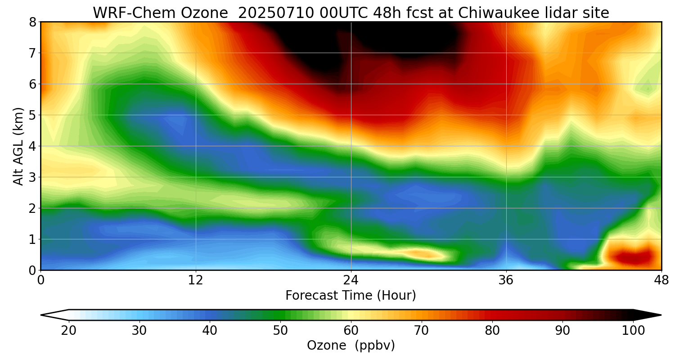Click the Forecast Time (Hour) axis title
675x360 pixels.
(x=351, y=296)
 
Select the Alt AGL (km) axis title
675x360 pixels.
(x=18, y=146)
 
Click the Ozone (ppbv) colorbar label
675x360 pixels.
(x=351, y=346)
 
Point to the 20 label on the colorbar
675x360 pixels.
(x=69, y=331)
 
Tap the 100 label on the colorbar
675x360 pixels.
(x=633, y=331)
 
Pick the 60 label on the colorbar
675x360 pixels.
(x=351, y=331)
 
